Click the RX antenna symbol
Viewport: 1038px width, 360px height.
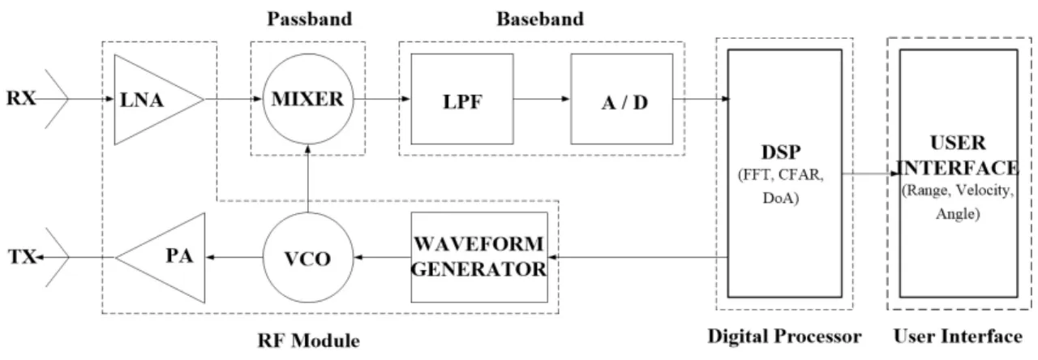coord(57,99)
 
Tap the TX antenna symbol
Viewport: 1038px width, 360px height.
coord(58,257)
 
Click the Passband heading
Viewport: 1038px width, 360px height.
coord(310,19)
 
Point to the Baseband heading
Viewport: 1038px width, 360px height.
coord(540,19)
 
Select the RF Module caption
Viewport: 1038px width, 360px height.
coord(309,341)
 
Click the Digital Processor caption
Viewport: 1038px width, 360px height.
coord(784,336)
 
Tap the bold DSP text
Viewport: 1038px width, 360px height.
coord(781,152)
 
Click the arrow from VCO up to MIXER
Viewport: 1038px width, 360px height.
coord(307,179)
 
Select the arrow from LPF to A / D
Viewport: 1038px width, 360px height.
coord(542,99)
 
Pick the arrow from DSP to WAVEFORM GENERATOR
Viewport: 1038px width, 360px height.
coord(637,257)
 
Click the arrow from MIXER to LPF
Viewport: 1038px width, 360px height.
coord(382,99)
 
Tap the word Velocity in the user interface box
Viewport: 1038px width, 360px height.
coord(984,191)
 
